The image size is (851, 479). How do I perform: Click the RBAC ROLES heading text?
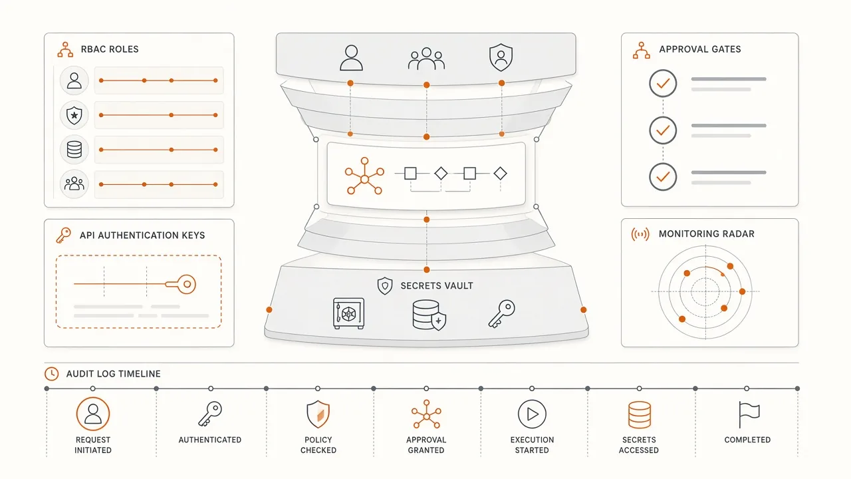(110, 49)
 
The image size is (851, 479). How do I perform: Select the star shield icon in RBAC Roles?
(74, 115)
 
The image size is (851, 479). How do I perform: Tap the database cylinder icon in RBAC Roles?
(74, 150)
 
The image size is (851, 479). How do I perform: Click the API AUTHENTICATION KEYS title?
(142, 236)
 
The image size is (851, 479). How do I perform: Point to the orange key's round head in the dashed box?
(187, 284)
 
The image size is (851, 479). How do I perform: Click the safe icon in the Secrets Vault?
(348, 313)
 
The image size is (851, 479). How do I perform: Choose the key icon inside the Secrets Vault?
(502, 313)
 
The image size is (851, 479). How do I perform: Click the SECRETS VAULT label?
(437, 286)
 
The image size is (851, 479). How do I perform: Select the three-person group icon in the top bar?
(426, 59)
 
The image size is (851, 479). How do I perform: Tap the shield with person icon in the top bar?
(501, 57)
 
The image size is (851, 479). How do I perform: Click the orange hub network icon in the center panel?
(364, 176)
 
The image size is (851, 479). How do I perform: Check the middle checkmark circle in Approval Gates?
(663, 130)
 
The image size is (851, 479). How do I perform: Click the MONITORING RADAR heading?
(706, 234)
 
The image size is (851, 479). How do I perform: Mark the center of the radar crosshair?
(705, 291)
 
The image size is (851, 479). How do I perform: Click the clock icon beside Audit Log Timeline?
(52, 374)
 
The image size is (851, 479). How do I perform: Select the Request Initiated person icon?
(92, 414)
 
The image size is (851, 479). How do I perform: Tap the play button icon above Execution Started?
(532, 414)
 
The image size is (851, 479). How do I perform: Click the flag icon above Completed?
(749, 414)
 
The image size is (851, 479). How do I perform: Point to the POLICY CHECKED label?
(318, 445)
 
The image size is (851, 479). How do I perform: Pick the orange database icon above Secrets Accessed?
(640, 414)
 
